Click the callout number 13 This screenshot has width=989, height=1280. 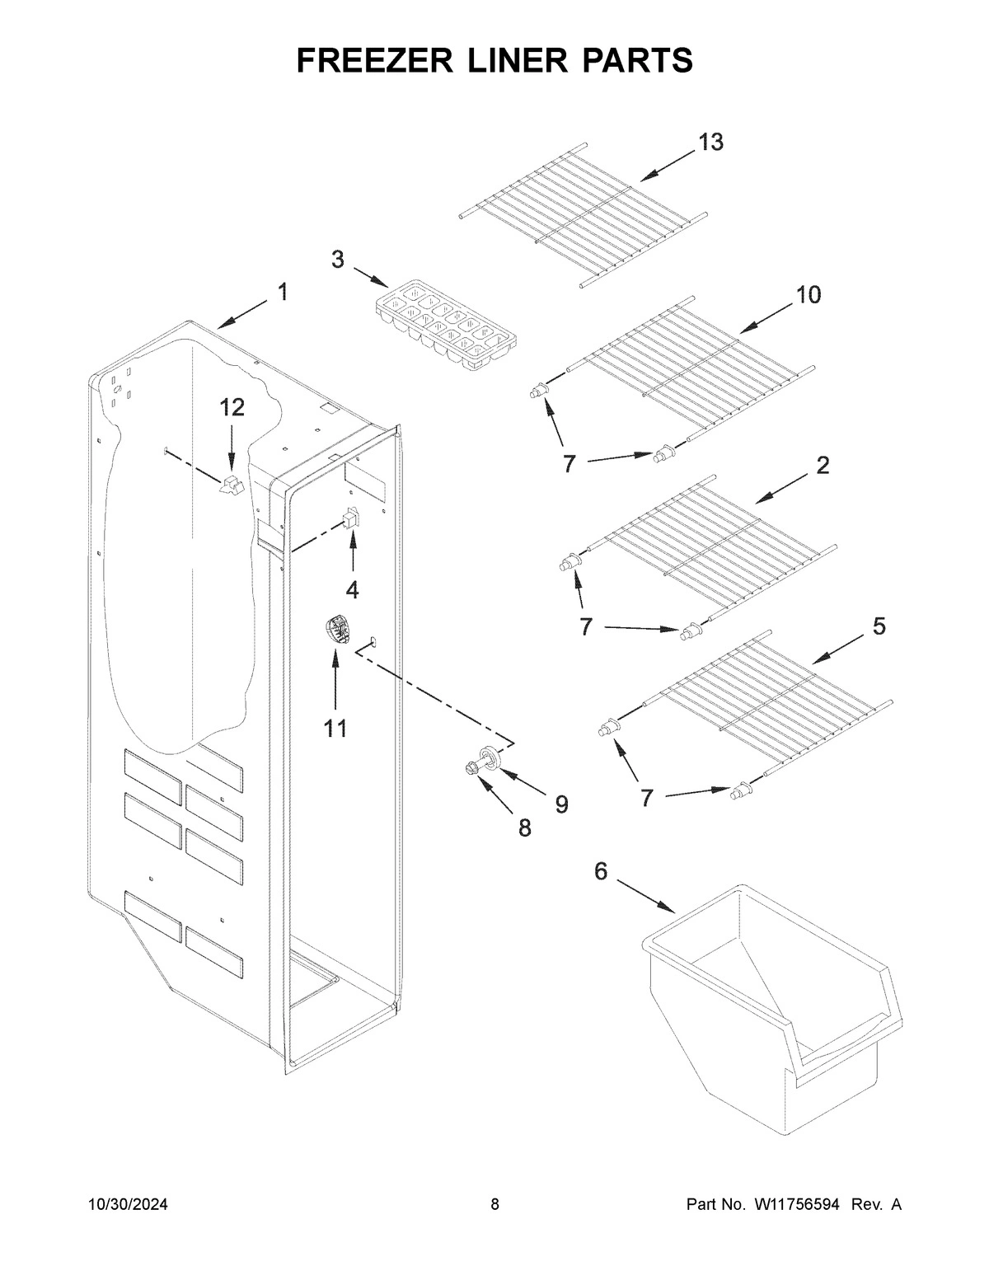710,142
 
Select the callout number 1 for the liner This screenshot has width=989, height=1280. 283,292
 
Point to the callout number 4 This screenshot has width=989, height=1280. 353,589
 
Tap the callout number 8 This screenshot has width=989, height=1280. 524,828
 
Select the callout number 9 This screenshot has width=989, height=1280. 560,804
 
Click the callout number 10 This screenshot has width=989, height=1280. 808,294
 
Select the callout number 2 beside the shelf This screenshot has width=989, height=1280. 823,465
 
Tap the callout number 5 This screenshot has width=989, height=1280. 879,627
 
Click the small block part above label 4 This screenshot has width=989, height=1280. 349,518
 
